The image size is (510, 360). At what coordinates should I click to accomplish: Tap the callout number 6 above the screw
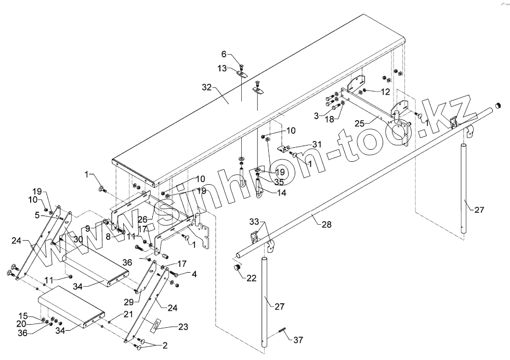(x=224, y=54)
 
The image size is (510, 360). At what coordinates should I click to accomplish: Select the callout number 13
(x=222, y=68)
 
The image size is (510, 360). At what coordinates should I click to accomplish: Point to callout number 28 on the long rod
(x=326, y=224)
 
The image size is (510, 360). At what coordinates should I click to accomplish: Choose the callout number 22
(x=251, y=278)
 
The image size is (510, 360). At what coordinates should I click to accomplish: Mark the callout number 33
(x=254, y=221)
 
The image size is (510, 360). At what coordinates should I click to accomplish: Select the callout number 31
(x=317, y=144)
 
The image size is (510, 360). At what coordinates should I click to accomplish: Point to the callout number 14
(x=281, y=192)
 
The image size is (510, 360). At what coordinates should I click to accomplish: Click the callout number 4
(x=194, y=273)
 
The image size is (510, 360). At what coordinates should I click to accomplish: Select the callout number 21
(x=128, y=314)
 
